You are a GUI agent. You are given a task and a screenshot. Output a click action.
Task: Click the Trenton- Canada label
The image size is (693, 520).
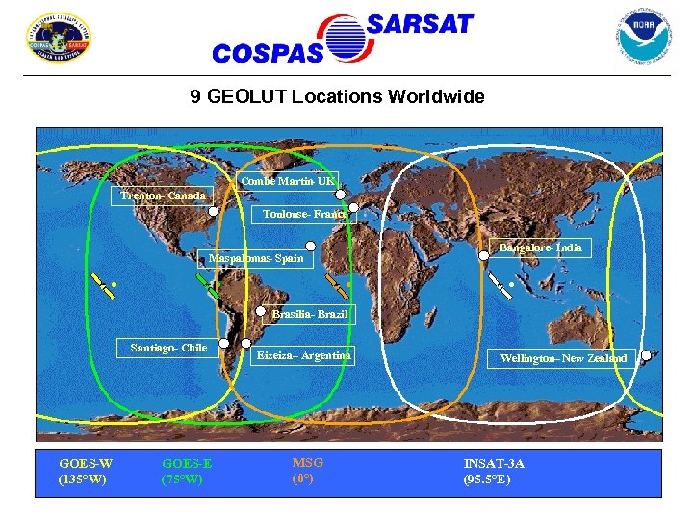(x=163, y=196)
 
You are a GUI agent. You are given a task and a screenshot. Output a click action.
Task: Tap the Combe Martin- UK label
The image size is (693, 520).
(x=288, y=181)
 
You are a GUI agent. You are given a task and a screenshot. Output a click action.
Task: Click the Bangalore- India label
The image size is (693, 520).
(x=540, y=247)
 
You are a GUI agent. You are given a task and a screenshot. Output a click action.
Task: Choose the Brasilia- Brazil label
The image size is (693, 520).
(x=308, y=314)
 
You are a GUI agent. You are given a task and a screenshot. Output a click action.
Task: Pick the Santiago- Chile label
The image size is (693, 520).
(x=168, y=348)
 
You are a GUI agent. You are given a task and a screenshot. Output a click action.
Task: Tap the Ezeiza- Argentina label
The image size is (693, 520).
(x=303, y=356)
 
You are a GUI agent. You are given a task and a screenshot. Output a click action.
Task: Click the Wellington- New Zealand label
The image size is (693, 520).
(x=563, y=358)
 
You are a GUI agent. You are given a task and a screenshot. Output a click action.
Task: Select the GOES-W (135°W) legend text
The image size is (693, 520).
(x=83, y=471)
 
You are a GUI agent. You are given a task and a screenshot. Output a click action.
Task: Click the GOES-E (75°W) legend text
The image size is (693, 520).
(x=187, y=471)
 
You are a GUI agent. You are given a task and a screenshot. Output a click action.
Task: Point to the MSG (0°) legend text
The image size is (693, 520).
(x=307, y=470)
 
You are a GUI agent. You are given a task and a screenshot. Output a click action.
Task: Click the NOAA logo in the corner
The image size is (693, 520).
(x=643, y=36)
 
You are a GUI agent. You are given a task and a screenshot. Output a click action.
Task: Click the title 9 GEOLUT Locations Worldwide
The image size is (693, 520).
(x=338, y=97)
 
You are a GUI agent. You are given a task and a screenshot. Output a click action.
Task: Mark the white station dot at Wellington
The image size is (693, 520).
(x=646, y=354)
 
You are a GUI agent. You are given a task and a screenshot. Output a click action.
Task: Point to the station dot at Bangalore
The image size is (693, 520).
(x=483, y=256)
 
